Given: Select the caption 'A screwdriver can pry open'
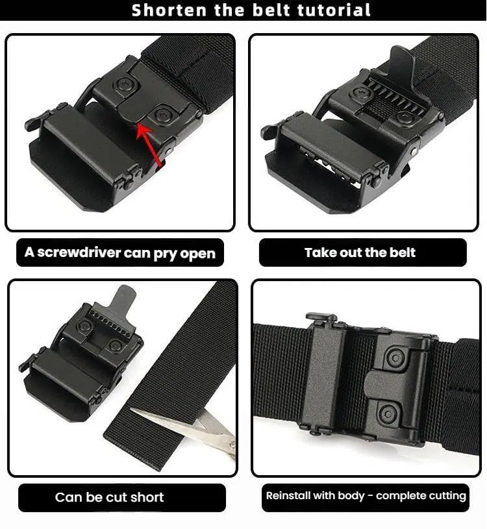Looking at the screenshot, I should pos(120,252).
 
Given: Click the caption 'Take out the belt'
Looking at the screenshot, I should pos(360,252).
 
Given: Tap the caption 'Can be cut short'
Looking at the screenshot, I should pos(110,497).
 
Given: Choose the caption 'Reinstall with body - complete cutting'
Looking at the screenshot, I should pos(366,496).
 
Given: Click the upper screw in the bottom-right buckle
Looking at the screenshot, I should pos(395,356).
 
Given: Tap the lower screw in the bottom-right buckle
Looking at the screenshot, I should pos(388,413).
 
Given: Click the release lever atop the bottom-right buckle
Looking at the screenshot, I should pos(321,318).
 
